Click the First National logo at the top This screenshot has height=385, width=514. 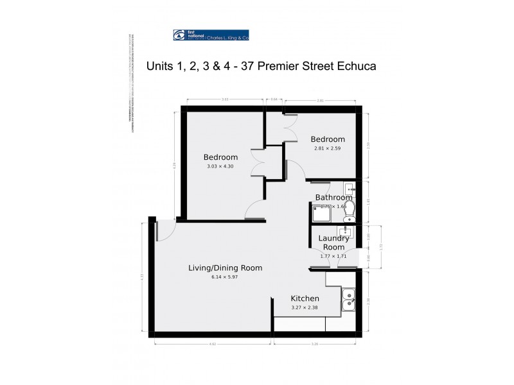(211, 36)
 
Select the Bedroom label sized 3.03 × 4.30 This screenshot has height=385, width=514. (220, 157)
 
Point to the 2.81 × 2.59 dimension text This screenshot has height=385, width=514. (327, 149)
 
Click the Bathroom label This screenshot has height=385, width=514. (333, 198)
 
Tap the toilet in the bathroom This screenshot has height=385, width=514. (341, 207)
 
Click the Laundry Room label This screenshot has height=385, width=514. (333, 242)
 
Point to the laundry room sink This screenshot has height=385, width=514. (346, 233)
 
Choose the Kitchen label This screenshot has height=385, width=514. (305, 298)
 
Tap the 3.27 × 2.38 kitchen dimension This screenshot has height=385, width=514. (305, 308)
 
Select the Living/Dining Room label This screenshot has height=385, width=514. (225, 268)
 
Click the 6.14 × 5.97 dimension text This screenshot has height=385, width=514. (225, 277)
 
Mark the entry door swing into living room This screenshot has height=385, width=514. (164, 230)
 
